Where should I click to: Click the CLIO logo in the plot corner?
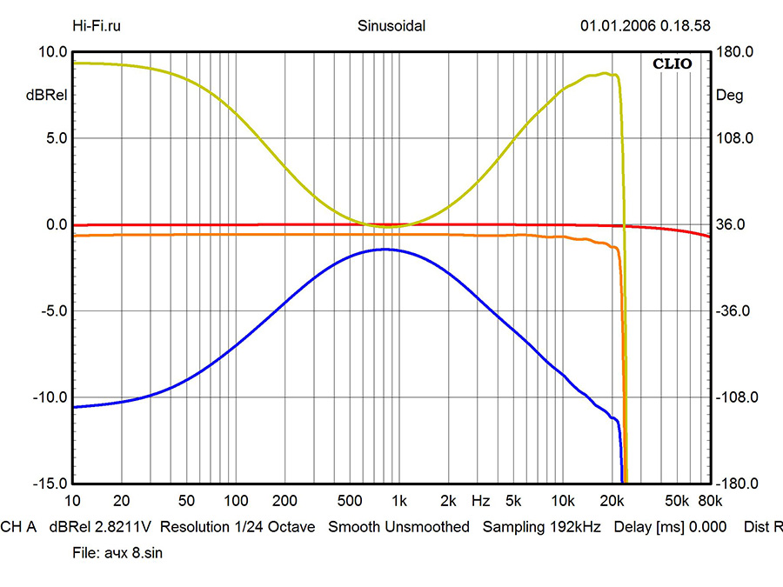click(672, 63)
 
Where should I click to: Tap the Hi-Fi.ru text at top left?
click(97, 25)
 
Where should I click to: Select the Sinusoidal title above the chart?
click(391, 25)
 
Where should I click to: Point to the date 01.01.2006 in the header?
click(616, 25)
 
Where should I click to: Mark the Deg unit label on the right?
click(729, 96)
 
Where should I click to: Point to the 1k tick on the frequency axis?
click(399, 502)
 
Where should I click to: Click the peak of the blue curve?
click(384, 250)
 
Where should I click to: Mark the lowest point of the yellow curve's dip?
click(387, 226)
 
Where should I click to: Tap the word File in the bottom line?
click(84, 553)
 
